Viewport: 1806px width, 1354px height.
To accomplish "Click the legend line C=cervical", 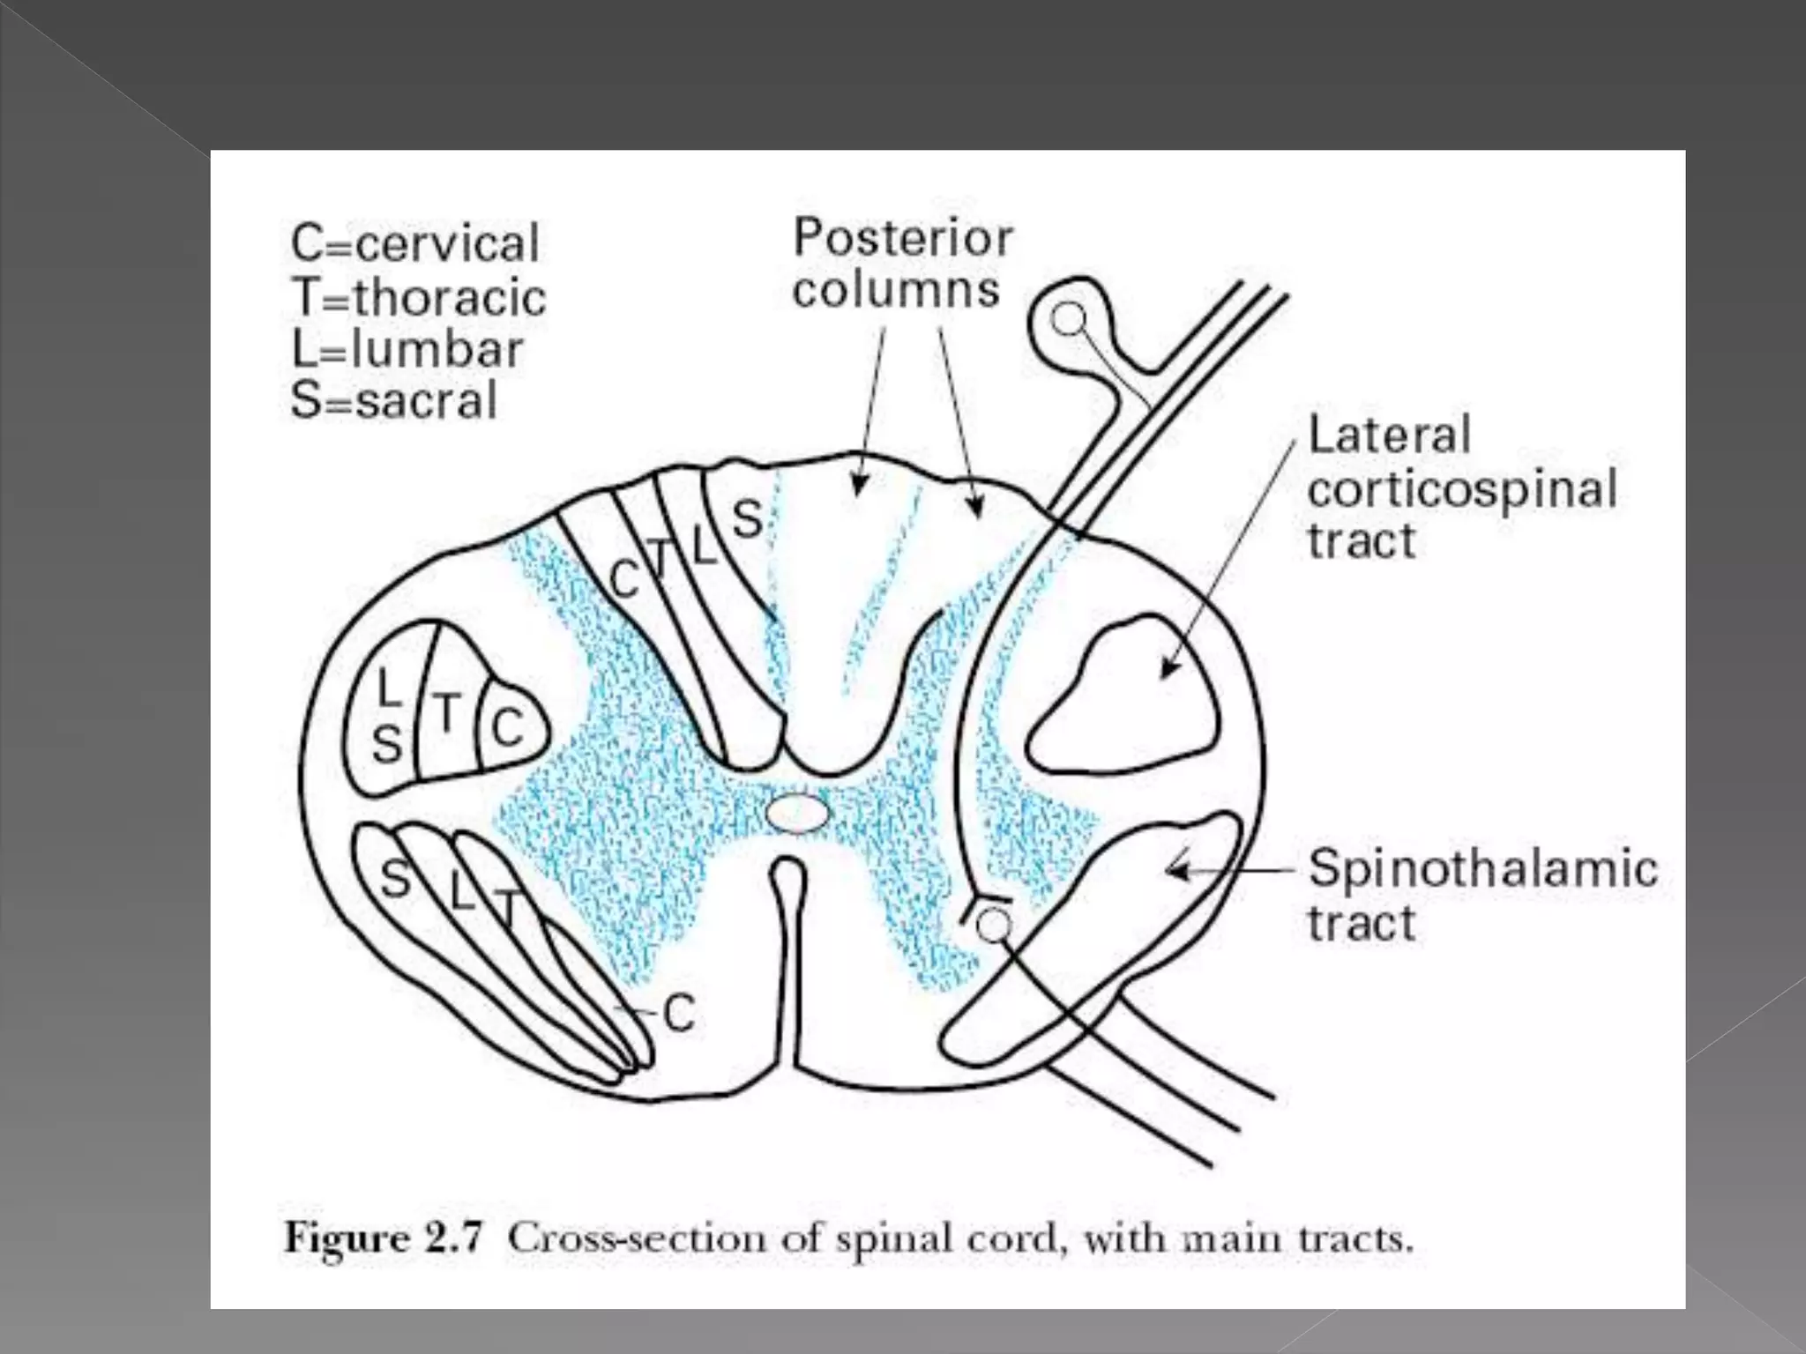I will coord(414,243).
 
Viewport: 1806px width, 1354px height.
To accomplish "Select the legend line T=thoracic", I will coord(418,297).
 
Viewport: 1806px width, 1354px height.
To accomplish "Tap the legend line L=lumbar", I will coord(407,349).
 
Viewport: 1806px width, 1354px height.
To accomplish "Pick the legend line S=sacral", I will coord(394,401).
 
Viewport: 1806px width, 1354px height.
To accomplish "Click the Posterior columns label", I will coord(901,264).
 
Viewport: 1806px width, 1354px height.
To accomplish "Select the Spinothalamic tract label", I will coord(1481,894).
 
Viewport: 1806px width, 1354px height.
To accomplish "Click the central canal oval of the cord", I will coord(797,814).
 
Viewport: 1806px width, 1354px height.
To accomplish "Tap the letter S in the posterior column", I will coord(747,519).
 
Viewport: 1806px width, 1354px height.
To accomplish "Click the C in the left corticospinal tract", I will coord(507,728).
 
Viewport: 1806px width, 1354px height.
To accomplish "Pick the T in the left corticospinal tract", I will coord(448,712).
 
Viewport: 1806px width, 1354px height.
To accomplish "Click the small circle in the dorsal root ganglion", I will coord(1069,319).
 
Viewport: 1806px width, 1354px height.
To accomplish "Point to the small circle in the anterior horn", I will coord(994,925).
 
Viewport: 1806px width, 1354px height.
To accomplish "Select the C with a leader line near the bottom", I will coord(679,1013).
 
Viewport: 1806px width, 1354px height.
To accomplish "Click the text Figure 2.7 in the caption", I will coord(384,1239).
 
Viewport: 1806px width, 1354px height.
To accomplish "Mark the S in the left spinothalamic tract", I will coord(395,879).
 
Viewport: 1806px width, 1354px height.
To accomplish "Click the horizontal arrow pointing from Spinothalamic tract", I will coord(1230,871).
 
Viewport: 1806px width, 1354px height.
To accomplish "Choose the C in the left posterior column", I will coord(625,580).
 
